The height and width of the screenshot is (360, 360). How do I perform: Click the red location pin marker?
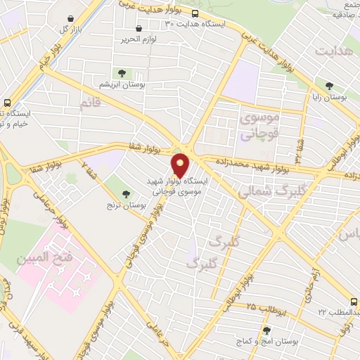click(181, 165)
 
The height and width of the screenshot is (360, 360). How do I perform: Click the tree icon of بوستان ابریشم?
click(122, 72)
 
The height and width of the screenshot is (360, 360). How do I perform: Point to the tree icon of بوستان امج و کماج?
click(266, 330)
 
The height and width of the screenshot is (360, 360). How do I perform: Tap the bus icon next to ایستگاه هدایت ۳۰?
click(195, 13)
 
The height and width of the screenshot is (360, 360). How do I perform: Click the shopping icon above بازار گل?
click(70, 19)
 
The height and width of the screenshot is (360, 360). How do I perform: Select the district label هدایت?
click(333, 53)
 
